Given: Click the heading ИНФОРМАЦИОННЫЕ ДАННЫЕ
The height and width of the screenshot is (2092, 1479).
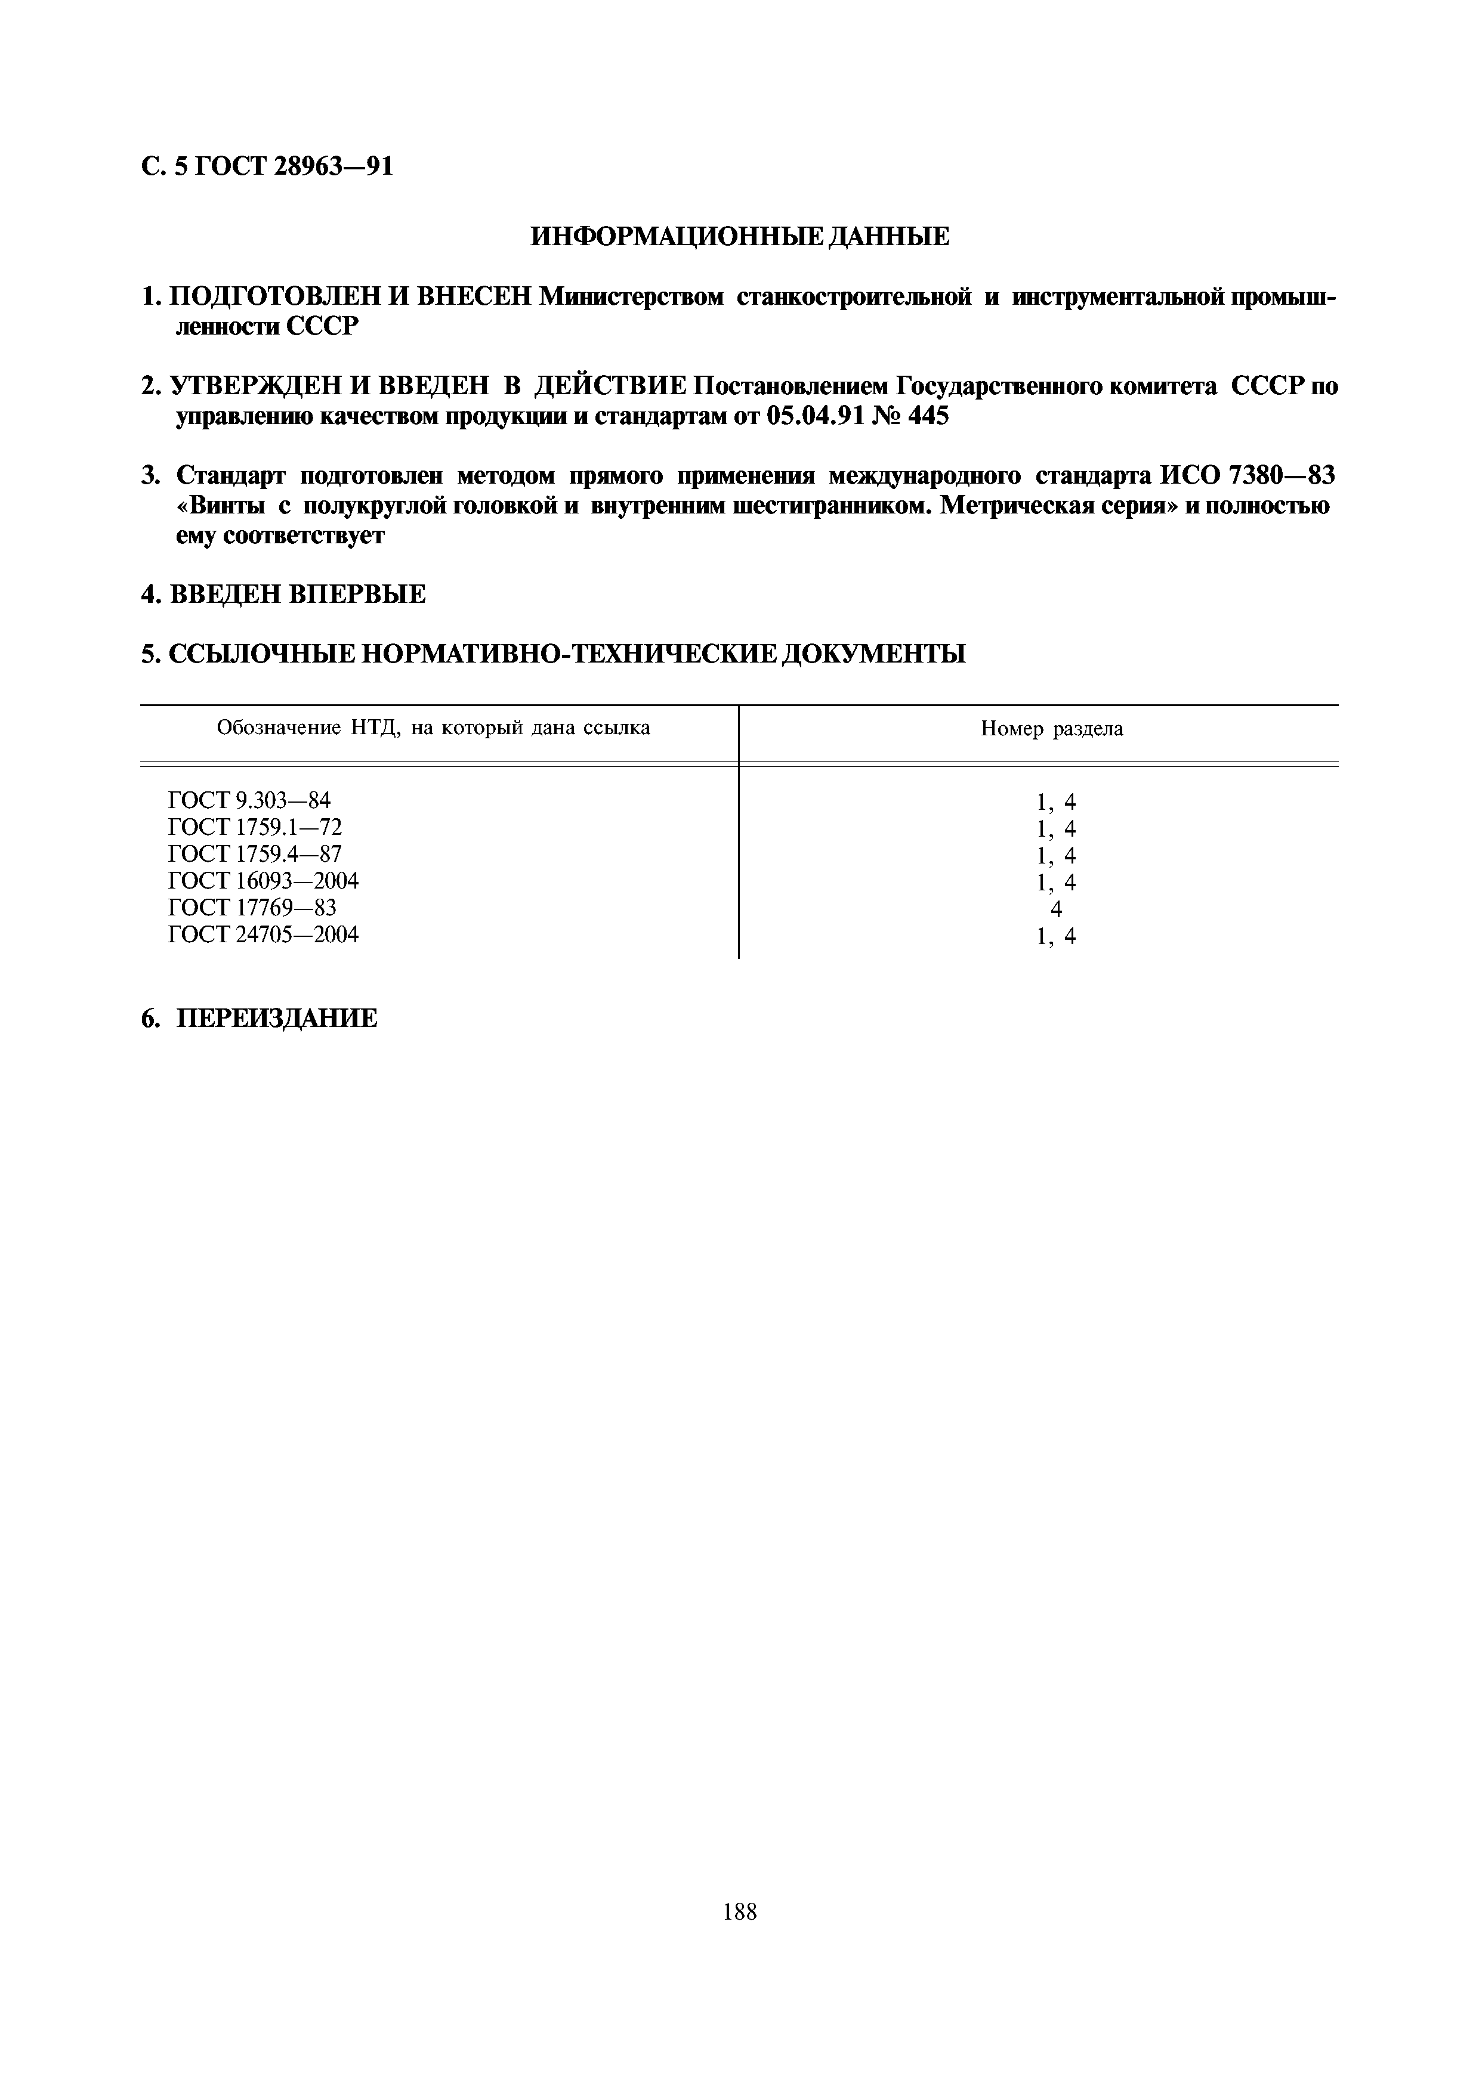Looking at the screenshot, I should [x=739, y=237].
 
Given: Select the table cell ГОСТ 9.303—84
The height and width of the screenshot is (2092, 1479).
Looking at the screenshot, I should [x=250, y=801].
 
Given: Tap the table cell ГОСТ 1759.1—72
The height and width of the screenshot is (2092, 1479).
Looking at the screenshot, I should [x=255, y=827].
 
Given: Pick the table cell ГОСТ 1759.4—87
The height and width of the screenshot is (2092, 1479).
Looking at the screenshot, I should [x=255, y=854].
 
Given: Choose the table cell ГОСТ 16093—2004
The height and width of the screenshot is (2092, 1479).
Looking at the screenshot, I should [x=263, y=881].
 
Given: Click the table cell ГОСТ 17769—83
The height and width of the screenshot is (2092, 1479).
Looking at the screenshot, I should [x=252, y=908].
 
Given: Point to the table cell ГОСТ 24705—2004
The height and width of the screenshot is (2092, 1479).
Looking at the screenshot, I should [x=263, y=935].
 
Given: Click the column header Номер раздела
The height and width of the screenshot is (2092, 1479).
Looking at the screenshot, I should [x=1052, y=729].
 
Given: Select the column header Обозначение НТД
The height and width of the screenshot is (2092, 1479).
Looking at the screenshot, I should [x=433, y=728].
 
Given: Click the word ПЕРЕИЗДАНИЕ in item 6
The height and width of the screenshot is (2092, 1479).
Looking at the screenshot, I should [x=276, y=1018].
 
